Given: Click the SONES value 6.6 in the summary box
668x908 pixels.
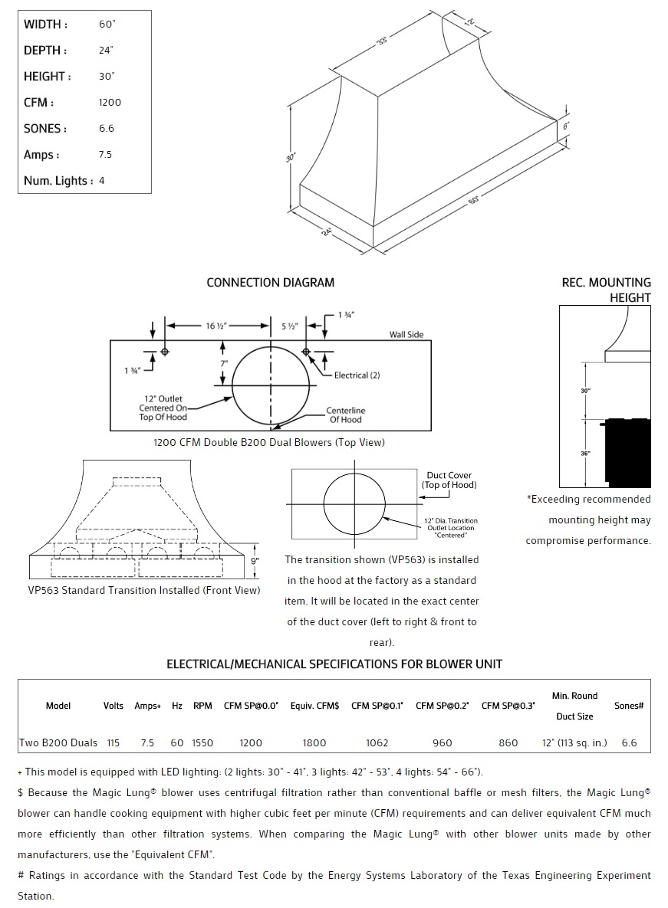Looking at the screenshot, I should coord(107,129).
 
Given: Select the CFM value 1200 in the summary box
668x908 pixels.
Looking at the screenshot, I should coord(110,103).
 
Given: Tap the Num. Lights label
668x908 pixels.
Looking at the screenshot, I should coord(58,181).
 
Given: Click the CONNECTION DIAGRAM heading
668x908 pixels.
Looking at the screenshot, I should coord(270,283).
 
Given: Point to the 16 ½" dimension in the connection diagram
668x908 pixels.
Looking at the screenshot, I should coord(216,326).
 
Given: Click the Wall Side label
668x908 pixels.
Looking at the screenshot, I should coord(406,335).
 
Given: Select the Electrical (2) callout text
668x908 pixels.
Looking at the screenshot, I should coord(357,375).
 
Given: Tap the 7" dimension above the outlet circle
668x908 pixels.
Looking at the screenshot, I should coord(223,362).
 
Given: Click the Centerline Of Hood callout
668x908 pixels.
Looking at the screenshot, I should coord(345,415).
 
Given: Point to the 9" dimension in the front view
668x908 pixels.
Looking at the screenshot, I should coord(255,561).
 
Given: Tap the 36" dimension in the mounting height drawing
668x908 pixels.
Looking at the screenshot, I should coord(586,454).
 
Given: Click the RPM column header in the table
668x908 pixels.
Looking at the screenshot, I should coord(202,706).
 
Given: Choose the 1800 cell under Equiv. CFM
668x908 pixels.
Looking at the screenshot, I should coord(314,742).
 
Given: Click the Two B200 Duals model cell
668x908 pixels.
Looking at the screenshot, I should coord(58,742).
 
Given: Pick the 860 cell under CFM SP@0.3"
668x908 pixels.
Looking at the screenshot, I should coord(508,742).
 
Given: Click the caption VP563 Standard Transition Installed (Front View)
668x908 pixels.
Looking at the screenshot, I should coord(144,590).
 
